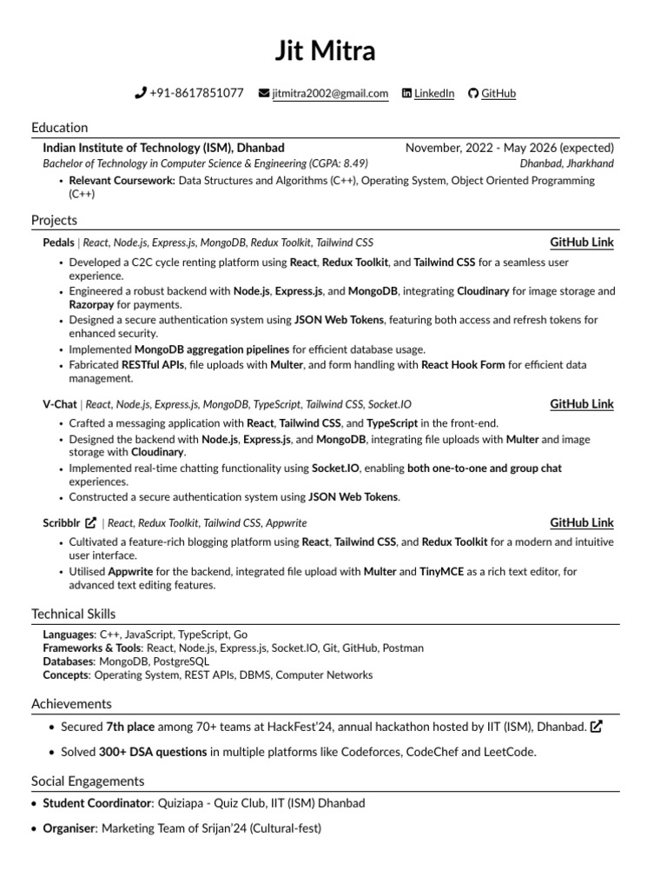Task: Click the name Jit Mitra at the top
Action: (x=326, y=51)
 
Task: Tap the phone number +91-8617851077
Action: (x=196, y=93)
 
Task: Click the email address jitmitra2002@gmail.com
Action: (x=330, y=94)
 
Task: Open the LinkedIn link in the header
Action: (x=433, y=93)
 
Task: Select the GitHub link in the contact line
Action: (x=498, y=93)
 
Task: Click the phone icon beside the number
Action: (x=141, y=93)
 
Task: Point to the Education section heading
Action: (x=59, y=127)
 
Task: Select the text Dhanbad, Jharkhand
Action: (x=566, y=163)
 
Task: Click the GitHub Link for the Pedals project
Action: (x=581, y=242)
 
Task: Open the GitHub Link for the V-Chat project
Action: (x=581, y=403)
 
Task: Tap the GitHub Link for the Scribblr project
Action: (x=581, y=522)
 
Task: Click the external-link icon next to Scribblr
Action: (x=90, y=523)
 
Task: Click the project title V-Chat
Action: (x=59, y=404)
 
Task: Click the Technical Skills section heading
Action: (x=73, y=614)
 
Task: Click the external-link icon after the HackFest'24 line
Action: (x=596, y=727)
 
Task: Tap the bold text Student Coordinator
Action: (x=96, y=803)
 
